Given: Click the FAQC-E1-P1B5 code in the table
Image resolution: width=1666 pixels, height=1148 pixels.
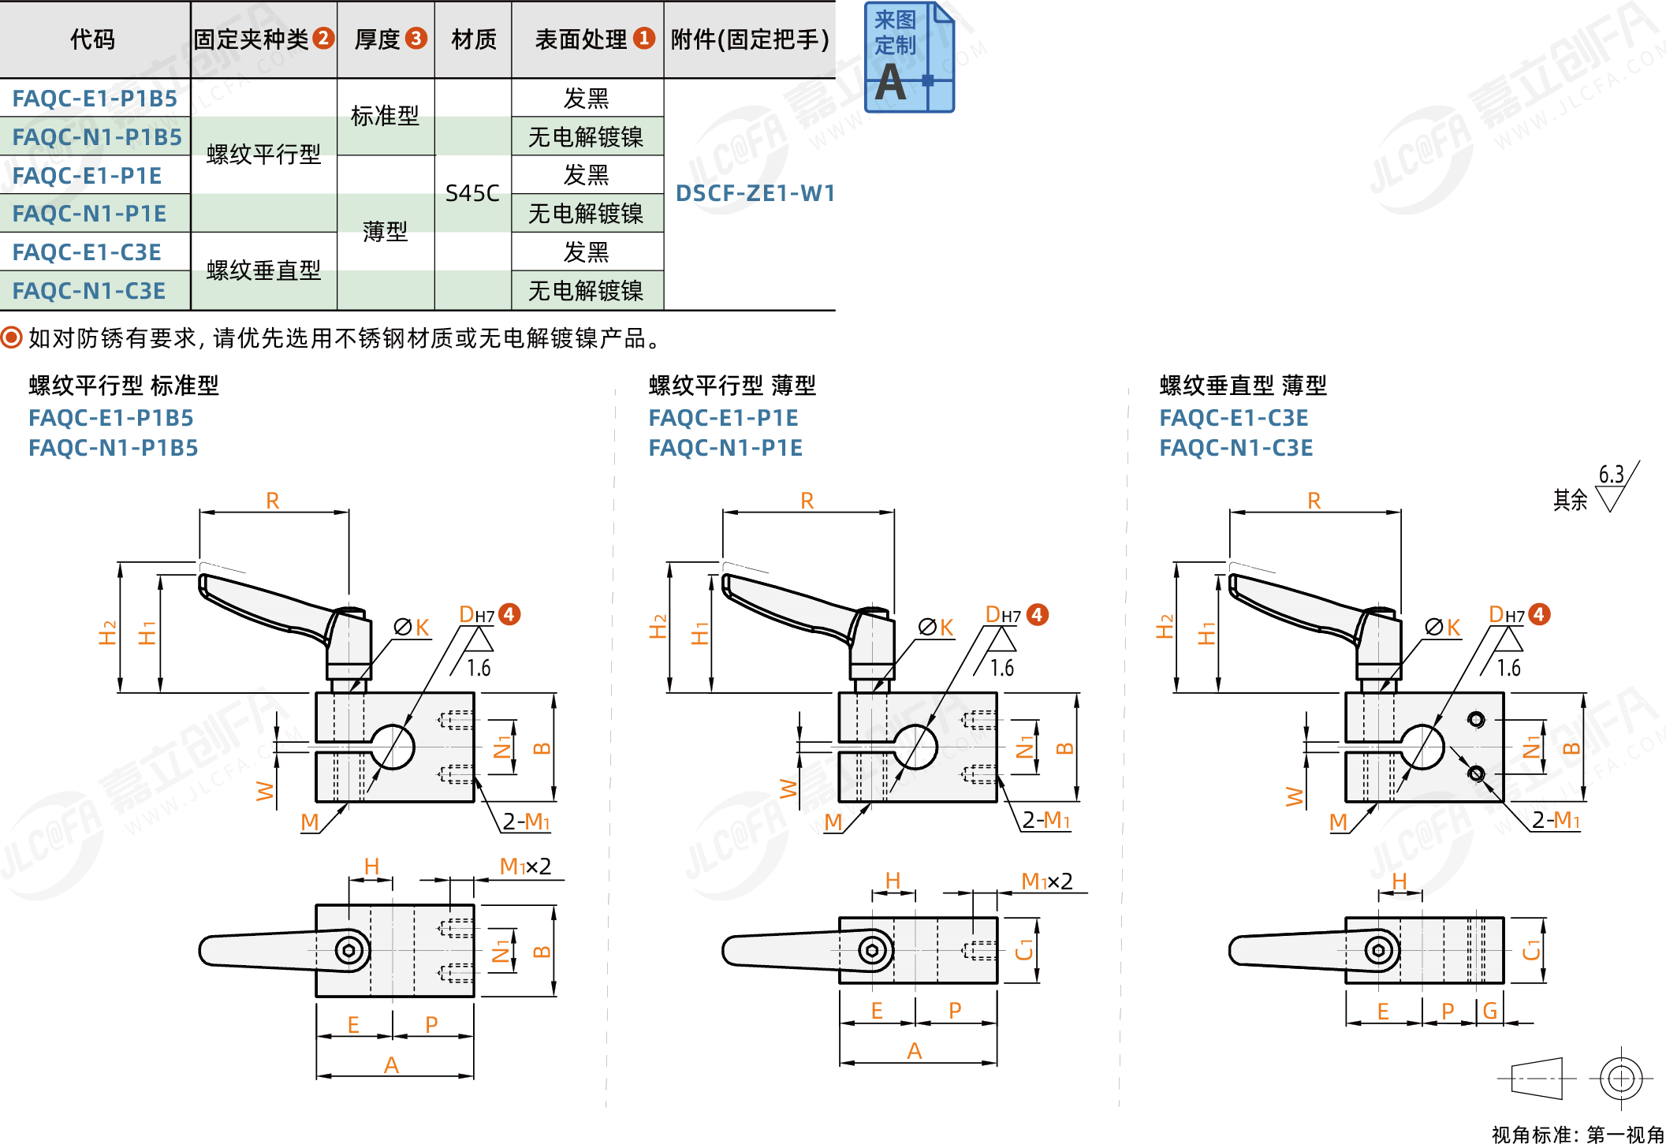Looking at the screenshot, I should [x=95, y=99].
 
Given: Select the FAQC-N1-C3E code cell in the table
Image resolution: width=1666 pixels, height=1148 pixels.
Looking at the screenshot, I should [x=89, y=291].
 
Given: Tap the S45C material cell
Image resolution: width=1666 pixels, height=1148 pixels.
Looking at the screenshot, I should [x=472, y=193].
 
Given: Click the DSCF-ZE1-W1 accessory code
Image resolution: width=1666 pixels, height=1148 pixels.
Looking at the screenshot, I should [x=755, y=193].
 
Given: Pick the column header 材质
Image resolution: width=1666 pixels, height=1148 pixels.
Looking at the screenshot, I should [x=474, y=39].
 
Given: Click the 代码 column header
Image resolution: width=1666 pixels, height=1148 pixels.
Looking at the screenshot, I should [x=93, y=39].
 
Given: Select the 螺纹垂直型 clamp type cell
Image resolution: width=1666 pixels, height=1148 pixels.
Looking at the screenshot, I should [x=263, y=270].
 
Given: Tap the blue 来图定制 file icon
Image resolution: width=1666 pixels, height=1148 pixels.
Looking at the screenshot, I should [x=908, y=57].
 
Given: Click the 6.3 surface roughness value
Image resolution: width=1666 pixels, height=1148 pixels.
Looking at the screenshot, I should [x=1611, y=475].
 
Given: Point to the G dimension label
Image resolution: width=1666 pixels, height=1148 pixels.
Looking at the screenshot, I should [x=1489, y=1011].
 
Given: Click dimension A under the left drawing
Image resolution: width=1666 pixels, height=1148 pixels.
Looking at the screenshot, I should [x=391, y=1065].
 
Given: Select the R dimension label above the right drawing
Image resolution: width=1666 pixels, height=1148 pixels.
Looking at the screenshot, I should [x=1314, y=501].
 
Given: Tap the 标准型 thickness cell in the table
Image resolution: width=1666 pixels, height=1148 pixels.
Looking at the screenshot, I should [x=385, y=116].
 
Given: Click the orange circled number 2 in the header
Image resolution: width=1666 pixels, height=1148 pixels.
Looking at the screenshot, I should [x=323, y=38].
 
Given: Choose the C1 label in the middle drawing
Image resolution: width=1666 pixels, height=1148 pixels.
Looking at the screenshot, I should [x=1023, y=949].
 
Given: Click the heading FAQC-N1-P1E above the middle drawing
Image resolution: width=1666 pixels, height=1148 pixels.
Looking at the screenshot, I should [x=725, y=448].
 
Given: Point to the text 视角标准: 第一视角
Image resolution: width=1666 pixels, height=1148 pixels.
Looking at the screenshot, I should [x=1577, y=1135].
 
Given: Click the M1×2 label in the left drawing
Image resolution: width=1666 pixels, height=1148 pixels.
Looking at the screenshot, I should [x=525, y=867].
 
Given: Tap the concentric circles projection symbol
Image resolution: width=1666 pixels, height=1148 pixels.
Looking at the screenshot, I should [x=1620, y=1078].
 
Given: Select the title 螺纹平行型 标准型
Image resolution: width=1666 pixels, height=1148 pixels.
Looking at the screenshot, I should [x=124, y=386].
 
